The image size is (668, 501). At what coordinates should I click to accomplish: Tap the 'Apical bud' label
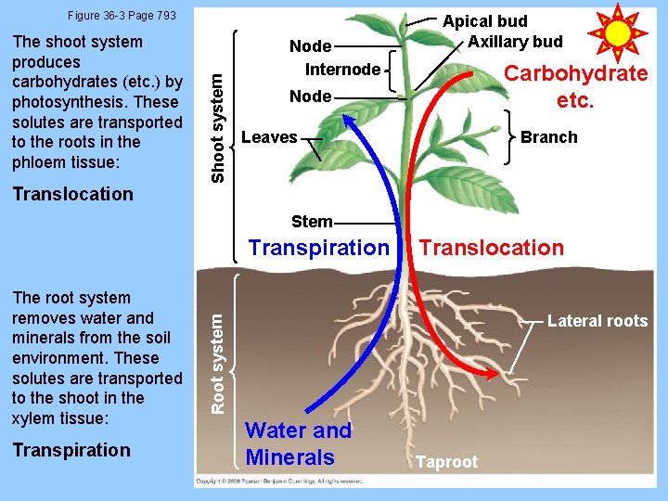pyautogui.click(x=484, y=20)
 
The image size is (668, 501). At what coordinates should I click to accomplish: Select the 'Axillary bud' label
pyautogui.click(x=515, y=41)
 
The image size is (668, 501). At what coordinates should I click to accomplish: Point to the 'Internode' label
pyautogui.click(x=342, y=69)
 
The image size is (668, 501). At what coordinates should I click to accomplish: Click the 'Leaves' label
pyautogui.click(x=269, y=137)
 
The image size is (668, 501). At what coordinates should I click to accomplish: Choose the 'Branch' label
pyautogui.click(x=548, y=137)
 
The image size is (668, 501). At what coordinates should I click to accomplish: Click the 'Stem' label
pyautogui.click(x=312, y=221)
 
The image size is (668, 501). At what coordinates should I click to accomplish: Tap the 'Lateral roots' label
pyautogui.click(x=597, y=321)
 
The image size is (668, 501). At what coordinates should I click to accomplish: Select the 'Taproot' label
pyautogui.click(x=446, y=461)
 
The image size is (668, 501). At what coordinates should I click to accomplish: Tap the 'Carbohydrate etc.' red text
pyautogui.click(x=575, y=87)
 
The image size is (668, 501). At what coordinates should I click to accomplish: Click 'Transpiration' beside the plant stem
pyautogui.click(x=318, y=248)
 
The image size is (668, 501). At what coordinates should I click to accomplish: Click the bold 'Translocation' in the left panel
pyautogui.click(x=73, y=194)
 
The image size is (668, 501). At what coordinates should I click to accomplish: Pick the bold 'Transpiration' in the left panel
pyautogui.click(x=71, y=450)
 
